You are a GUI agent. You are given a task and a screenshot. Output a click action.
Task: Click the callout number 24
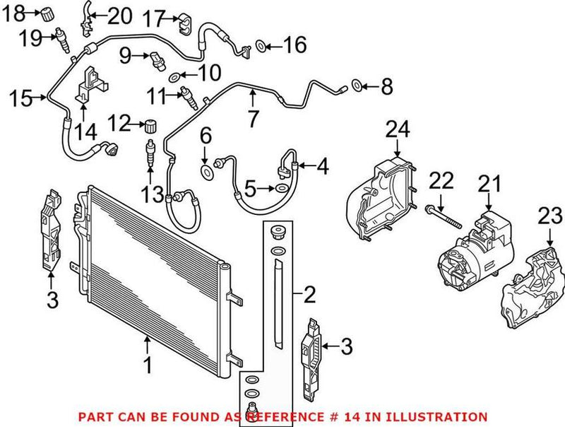397,129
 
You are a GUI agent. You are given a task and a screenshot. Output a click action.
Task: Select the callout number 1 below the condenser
148,365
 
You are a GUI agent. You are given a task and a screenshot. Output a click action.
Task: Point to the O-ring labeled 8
357,87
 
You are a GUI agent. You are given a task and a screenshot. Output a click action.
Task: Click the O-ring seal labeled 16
260,47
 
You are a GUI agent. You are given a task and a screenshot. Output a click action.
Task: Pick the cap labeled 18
47,12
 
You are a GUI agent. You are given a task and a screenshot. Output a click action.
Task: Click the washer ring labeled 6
206,172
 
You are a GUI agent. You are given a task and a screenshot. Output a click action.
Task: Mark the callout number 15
22,98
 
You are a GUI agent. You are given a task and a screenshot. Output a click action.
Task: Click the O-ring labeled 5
281,188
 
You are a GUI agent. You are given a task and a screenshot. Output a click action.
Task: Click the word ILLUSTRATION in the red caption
446,416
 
